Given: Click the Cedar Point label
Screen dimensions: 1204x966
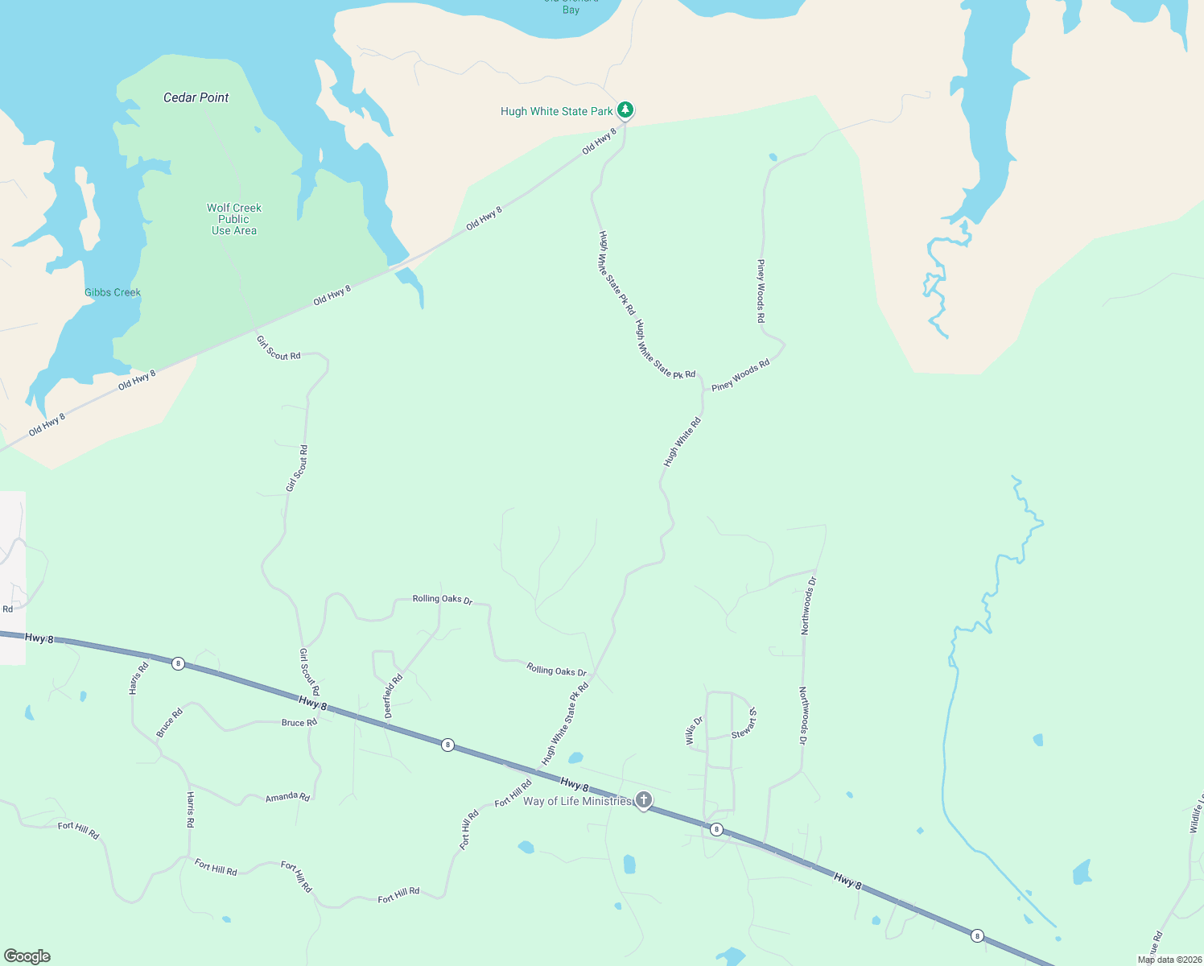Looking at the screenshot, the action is click(x=196, y=97).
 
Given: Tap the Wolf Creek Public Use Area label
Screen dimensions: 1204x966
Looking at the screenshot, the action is click(x=234, y=219).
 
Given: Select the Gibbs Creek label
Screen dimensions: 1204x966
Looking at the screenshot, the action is click(x=113, y=292).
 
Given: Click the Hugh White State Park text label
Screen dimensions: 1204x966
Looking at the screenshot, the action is click(x=557, y=111).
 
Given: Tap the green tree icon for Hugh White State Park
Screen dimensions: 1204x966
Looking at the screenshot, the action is click(x=625, y=109).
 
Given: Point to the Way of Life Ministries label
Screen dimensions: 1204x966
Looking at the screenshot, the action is click(x=578, y=801).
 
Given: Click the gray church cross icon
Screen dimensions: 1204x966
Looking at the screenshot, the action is click(x=644, y=799).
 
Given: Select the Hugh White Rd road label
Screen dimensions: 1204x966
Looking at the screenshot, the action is click(x=682, y=442).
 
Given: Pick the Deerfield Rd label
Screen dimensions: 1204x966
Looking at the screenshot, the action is click(x=393, y=696).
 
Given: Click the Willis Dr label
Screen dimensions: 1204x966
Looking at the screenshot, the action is click(x=695, y=731).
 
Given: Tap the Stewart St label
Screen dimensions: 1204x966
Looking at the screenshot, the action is click(x=744, y=724).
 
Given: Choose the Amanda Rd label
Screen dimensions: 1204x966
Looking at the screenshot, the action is click(x=287, y=797).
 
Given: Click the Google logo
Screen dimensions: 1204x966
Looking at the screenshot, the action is click(x=27, y=956).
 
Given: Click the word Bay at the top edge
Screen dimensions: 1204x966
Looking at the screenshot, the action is click(x=571, y=10).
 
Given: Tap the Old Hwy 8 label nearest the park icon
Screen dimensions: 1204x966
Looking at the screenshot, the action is click(x=599, y=141).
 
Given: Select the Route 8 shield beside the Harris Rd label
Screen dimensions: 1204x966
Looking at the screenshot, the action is click(x=178, y=663).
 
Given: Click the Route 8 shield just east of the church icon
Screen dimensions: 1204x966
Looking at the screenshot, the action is click(x=716, y=829).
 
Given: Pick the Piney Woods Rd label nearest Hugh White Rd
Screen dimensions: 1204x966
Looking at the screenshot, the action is click(x=740, y=375).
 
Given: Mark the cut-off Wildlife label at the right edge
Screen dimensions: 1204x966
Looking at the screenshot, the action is click(x=1196, y=813).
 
